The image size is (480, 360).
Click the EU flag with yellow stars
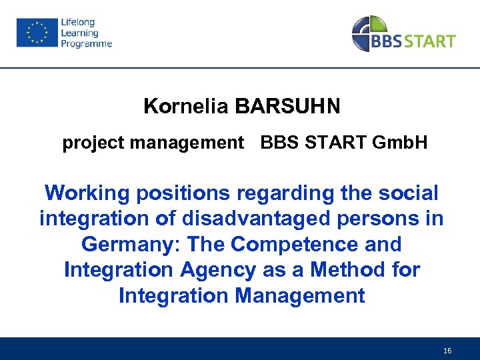click(x=37, y=33)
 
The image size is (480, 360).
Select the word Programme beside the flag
click(x=87, y=44)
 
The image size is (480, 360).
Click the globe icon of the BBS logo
click(x=369, y=33)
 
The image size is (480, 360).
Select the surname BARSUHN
click(x=287, y=106)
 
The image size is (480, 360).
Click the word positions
click(x=182, y=193)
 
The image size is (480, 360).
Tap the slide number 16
click(x=446, y=349)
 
